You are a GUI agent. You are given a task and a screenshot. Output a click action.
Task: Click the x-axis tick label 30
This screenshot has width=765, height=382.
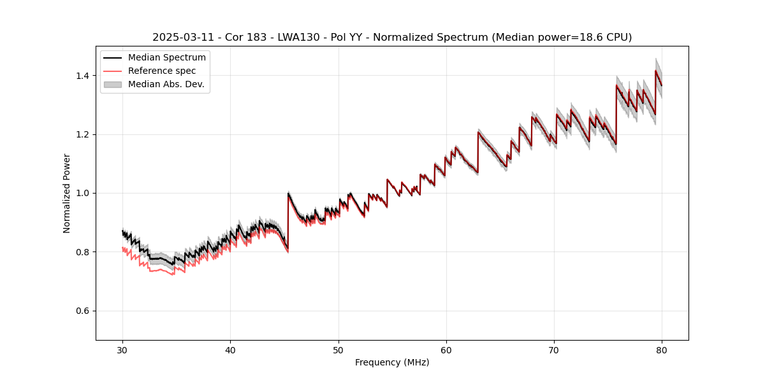coord(122,350)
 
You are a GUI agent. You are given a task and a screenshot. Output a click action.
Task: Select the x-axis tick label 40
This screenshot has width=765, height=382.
coord(230,350)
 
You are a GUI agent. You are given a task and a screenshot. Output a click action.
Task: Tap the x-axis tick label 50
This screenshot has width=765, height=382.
coord(339,350)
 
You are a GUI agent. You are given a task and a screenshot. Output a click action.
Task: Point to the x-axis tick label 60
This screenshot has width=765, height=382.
coord(446,350)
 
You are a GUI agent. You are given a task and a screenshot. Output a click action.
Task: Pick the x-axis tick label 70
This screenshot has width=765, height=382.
coord(554,350)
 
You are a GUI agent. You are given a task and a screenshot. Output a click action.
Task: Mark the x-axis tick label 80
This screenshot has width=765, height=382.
coord(662,350)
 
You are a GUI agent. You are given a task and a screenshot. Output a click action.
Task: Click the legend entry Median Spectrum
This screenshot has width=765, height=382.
coord(166,58)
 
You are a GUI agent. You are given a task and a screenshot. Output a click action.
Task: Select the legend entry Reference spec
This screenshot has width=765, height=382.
coord(162,71)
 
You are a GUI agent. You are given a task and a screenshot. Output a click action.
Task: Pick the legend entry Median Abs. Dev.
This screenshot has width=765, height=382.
coord(166,85)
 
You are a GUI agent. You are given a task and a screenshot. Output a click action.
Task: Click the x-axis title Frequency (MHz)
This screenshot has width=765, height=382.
coord(392,362)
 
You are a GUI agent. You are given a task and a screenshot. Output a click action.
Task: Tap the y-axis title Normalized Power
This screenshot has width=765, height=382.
coord(67,193)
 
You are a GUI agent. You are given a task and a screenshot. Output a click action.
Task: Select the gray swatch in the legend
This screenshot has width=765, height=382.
coord(113,85)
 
